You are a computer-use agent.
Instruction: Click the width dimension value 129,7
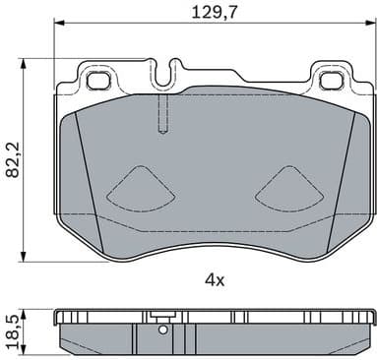coord(213,13)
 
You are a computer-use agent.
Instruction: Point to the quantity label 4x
coord(214,279)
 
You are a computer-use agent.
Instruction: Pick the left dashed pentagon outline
coord(137,188)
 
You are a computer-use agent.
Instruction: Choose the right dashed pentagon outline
coord(288,188)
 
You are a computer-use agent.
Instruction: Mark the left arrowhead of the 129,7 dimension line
coord(56,27)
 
